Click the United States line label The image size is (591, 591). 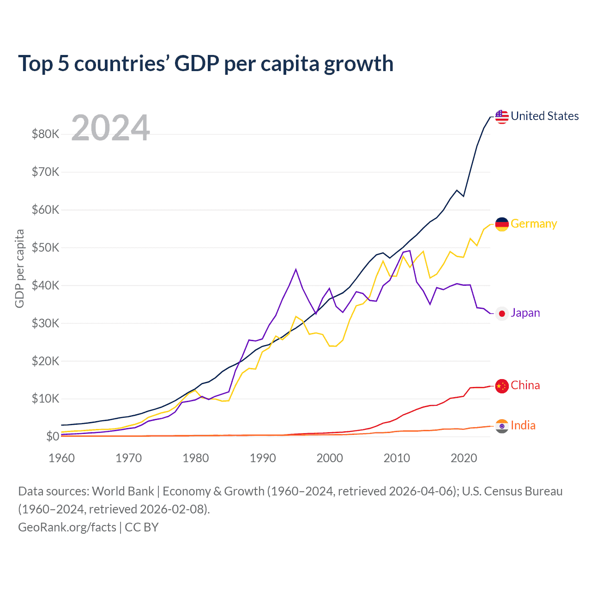pyautogui.click(x=544, y=116)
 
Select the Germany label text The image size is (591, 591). pyautogui.click(x=534, y=224)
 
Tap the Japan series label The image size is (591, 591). pyautogui.click(x=525, y=313)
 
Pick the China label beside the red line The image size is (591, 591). pyautogui.click(x=525, y=386)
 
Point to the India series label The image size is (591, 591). pyautogui.click(x=523, y=425)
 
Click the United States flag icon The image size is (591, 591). pyautogui.click(x=502, y=116)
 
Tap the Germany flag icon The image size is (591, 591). pyautogui.click(x=502, y=224)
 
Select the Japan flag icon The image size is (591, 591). pyautogui.click(x=502, y=314)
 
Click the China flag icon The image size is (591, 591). pyautogui.click(x=502, y=386)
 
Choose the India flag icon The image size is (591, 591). pyautogui.click(x=502, y=426)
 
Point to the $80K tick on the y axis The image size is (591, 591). pyautogui.click(x=45, y=134)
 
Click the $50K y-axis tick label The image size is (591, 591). pyautogui.click(x=45, y=248)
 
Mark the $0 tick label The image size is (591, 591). pyautogui.click(x=53, y=437)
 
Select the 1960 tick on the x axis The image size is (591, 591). pyautogui.click(x=61, y=458)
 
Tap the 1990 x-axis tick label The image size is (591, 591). pyautogui.click(x=263, y=458)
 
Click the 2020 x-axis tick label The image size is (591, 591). pyautogui.click(x=464, y=458)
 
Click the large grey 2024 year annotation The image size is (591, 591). pyautogui.click(x=110, y=128)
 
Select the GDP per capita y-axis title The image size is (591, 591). pyautogui.click(x=19, y=269)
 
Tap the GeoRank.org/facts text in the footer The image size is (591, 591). pyautogui.click(x=67, y=527)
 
